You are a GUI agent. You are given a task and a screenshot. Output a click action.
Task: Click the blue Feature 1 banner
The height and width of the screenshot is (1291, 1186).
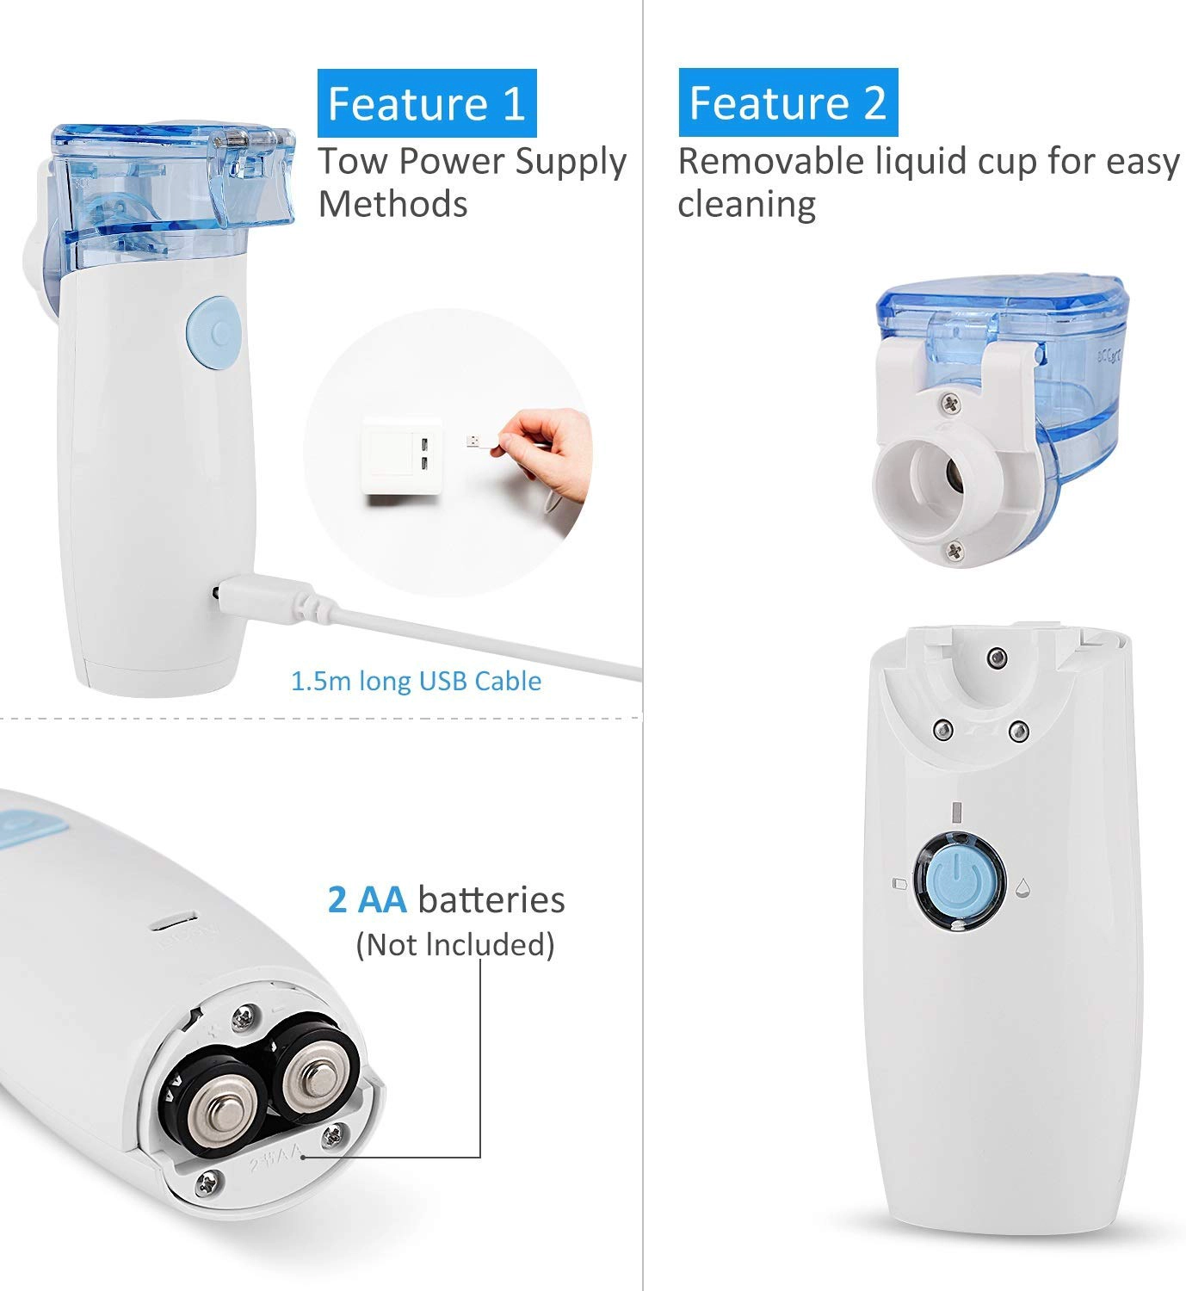click(426, 103)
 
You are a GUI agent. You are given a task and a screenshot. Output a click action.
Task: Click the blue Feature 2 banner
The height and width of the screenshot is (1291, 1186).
click(788, 102)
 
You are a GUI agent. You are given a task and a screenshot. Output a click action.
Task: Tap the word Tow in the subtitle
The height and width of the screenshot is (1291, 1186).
click(354, 161)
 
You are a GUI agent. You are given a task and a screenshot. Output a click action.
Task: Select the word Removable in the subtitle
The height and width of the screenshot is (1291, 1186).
click(770, 161)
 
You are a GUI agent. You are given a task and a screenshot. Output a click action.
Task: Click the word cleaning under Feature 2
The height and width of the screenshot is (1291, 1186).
click(747, 206)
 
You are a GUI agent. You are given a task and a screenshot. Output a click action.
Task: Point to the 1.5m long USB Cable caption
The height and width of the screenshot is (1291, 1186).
click(416, 681)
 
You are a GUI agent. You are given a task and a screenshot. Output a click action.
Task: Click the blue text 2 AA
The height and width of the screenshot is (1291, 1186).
click(367, 899)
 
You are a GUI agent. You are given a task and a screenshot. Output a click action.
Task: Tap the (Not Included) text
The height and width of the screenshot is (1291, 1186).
click(455, 945)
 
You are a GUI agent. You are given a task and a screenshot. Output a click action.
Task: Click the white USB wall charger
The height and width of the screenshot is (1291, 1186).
click(403, 456)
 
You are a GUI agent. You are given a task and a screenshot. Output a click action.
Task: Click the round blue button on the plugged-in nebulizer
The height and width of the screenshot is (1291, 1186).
click(214, 332)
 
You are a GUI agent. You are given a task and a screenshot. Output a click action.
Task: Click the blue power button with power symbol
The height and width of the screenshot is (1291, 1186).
click(958, 881)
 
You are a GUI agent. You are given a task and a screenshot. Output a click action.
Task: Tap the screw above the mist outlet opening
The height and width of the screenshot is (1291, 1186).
click(950, 404)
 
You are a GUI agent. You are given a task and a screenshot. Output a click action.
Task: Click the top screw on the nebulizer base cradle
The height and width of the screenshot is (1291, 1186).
click(998, 658)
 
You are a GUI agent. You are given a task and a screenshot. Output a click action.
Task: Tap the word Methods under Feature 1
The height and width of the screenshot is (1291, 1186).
click(392, 205)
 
